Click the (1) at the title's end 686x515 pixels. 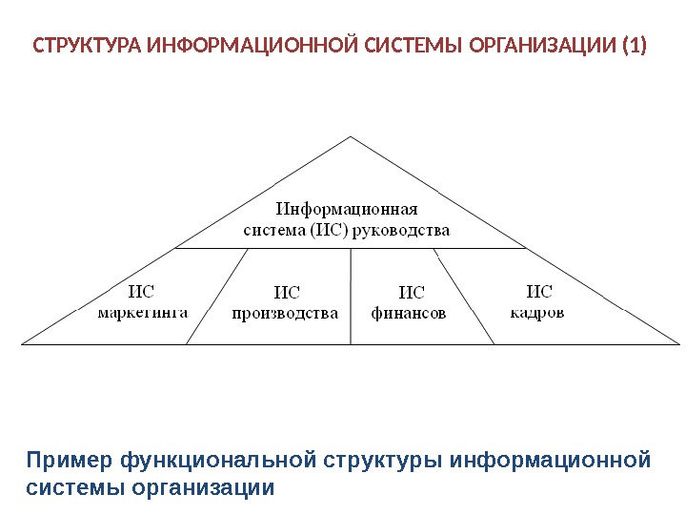(x=632, y=45)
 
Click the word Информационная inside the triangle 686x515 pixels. (x=348, y=209)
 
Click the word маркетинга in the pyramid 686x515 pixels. (x=143, y=311)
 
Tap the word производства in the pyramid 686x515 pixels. (x=286, y=313)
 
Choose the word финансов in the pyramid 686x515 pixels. (x=409, y=313)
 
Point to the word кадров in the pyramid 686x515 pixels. (x=537, y=312)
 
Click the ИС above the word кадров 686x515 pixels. (x=539, y=292)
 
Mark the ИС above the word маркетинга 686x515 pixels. (x=142, y=291)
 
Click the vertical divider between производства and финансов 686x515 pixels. (x=352, y=296)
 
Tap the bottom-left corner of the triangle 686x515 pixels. (x=23, y=342)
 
